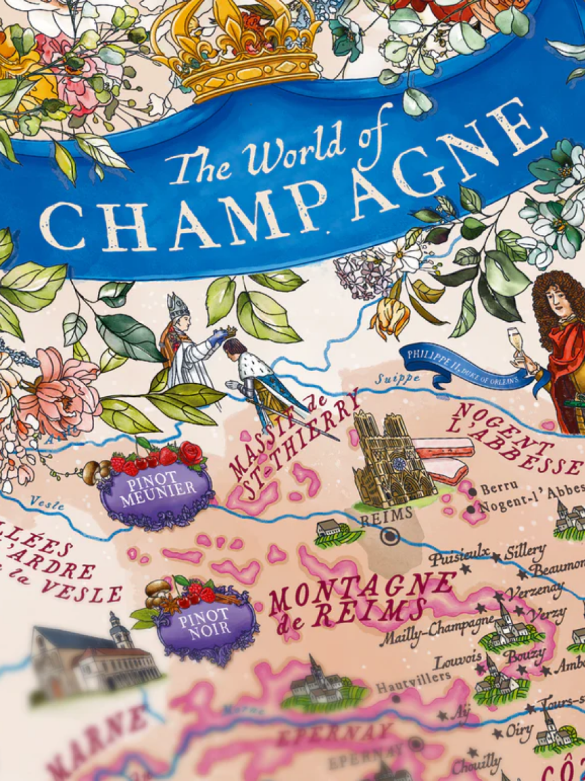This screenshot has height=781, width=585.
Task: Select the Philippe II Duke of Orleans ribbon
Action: coord(463,368)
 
